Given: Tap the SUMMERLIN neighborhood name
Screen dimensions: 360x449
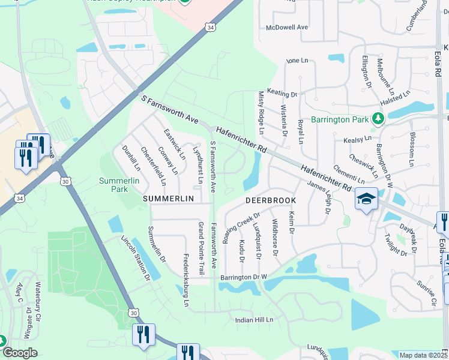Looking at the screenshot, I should [x=168, y=199].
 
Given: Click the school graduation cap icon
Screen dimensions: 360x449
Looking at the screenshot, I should [x=366, y=199].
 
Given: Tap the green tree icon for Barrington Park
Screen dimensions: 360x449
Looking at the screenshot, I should [x=378, y=119].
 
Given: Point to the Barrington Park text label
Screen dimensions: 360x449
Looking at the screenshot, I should [x=340, y=119].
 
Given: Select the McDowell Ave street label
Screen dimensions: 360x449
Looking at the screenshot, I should [x=287, y=27].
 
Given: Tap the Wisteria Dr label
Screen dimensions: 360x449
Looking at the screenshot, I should [x=284, y=120].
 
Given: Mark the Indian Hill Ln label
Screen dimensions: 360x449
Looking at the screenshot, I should [x=254, y=320].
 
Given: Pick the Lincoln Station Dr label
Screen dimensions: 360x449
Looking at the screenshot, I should [x=136, y=258].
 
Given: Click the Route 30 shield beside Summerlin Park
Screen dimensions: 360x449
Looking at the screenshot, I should [x=65, y=181].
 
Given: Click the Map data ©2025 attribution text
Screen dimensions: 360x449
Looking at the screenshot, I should [x=423, y=355].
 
